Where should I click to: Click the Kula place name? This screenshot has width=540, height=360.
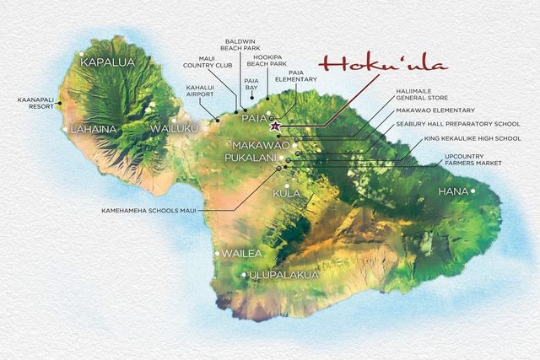coord(287,194)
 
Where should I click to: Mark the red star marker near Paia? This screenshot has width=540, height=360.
coord(274,126)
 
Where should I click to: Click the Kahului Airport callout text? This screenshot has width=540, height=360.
coord(201,91)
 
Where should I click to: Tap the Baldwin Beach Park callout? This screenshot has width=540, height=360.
coord(243,46)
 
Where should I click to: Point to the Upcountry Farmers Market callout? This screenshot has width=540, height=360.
coord(473,160)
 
